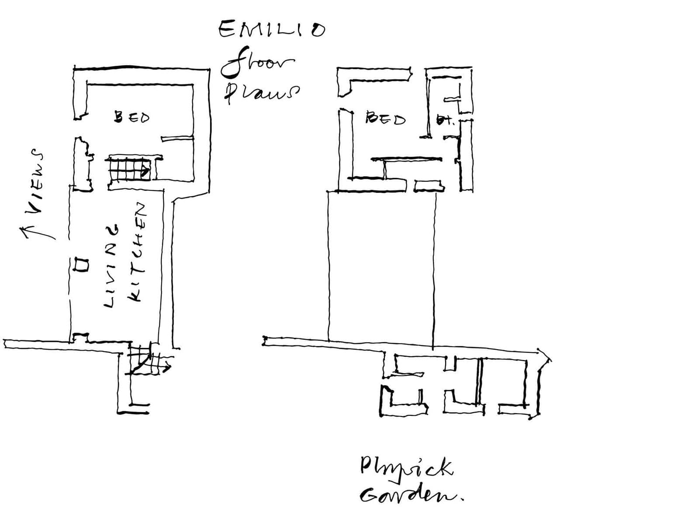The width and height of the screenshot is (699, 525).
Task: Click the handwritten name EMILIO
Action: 271,30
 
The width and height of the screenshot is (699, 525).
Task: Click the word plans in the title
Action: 261,93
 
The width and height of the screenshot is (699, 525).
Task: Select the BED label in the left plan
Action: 131,117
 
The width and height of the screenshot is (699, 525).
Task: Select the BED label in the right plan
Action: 385,118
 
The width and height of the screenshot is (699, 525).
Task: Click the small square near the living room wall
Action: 81,264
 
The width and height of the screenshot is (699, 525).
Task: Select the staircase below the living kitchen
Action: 143,358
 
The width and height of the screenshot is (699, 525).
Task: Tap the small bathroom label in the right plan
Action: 444,120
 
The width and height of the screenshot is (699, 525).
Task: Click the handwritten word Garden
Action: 411,495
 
